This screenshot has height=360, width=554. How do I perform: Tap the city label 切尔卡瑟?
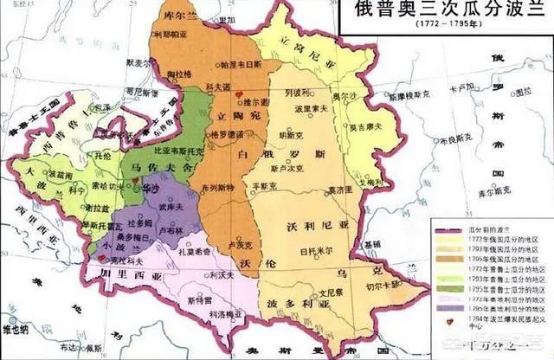[395, 283]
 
